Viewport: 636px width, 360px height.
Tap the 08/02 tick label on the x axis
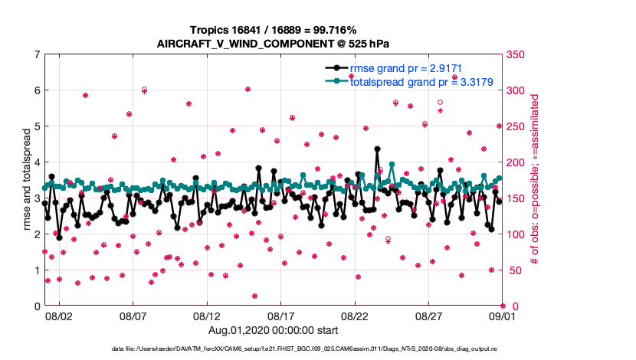click(58, 316)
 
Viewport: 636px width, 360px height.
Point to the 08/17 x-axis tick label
click(280, 316)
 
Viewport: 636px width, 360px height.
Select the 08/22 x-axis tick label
click(354, 316)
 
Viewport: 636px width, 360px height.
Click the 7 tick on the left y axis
click(36, 54)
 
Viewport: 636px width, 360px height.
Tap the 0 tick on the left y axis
click(36, 306)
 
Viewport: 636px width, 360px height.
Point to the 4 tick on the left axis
click(36, 162)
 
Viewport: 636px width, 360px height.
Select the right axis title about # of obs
click(534, 181)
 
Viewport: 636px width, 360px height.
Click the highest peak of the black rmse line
click(377, 149)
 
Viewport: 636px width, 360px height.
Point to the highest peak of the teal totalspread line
click(392, 164)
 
